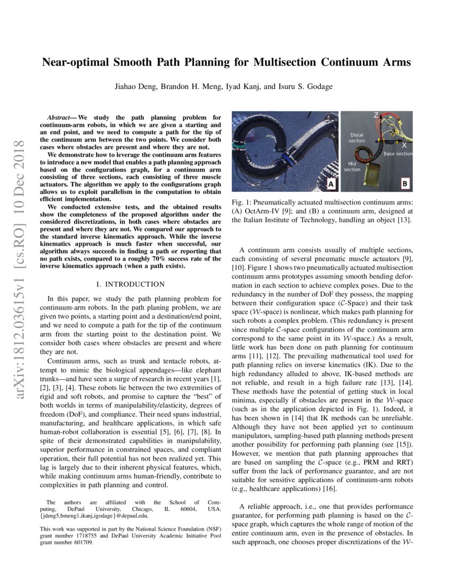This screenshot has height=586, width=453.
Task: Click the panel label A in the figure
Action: (x=330, y=184)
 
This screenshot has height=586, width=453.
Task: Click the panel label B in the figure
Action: (x=405, y=184)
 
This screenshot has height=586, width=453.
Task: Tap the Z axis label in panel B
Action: (x=376, y=115)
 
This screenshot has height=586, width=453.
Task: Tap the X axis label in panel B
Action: (x=404, y=145)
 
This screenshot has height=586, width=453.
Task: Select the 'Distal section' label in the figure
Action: (x=357, y=138)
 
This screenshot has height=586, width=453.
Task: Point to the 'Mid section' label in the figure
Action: (x=352, y=167)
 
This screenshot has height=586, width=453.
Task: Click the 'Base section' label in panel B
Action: (x=398, y=153)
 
